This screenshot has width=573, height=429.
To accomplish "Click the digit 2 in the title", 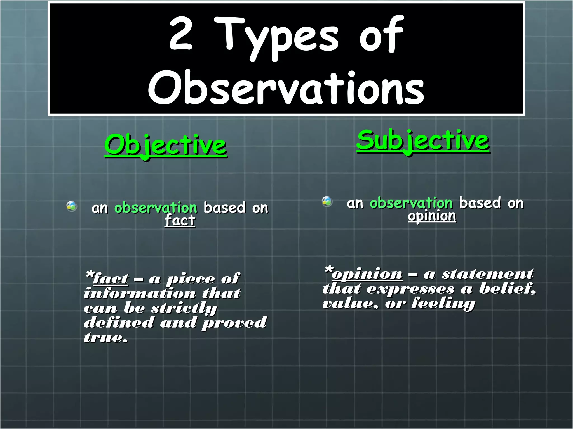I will coord(181,34).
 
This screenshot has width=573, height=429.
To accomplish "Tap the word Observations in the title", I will coord(286,87).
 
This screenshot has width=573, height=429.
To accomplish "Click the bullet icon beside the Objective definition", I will coord(72,206).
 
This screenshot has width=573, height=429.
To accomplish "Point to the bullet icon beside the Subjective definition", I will coord(327,201).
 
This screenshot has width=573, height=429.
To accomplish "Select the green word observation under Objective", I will coord(156,208).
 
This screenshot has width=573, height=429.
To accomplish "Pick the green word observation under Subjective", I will coord(411,203).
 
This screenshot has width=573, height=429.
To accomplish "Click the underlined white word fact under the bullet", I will coord(180,220).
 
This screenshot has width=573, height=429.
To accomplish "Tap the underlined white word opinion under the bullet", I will coord(432,216).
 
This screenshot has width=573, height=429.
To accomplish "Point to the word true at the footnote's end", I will coord(105,337).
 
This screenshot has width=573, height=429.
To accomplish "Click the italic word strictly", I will coord(184,308).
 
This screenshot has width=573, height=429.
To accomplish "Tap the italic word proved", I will coord(234,323).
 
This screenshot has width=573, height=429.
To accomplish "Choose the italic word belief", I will coord(507,289).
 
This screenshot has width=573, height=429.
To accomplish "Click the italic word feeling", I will coord(443,303).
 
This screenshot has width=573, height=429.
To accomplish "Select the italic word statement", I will coord(488,274).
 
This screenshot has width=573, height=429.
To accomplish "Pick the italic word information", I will coord(140,293).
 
